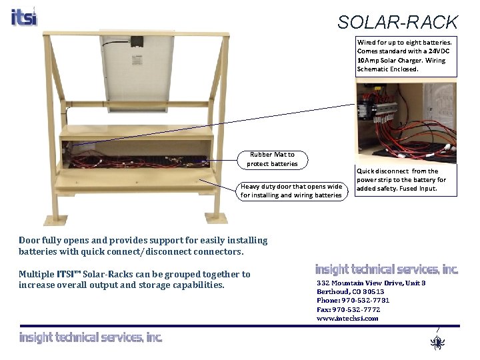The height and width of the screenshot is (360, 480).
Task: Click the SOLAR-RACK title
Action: (x=397, y=23)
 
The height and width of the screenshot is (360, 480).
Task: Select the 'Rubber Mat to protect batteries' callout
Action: (x=272, y=159)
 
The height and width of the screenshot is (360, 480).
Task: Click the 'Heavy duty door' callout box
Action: (x=291, y=191)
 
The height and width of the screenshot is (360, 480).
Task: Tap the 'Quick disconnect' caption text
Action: (x=401, y=180)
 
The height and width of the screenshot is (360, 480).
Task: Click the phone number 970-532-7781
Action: (x=353, y=301)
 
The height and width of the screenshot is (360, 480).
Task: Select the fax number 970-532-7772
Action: (x=349, y=309)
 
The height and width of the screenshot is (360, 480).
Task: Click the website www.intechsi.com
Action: (x=347, y=319)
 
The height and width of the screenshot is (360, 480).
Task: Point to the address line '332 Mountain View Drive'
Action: (x=371, y=283)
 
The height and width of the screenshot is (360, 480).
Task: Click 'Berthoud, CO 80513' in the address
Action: (x=350, y=292)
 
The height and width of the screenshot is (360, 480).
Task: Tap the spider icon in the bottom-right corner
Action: (x=437, y=343)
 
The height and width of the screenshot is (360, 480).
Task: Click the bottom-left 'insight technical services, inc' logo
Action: (x=91, y=338)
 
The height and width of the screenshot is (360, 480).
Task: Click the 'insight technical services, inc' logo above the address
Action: (x=387, y=270)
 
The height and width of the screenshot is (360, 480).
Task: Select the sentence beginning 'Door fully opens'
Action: (x=143, y=245)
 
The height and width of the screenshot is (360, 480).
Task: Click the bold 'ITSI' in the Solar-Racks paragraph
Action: (x=65, y=274)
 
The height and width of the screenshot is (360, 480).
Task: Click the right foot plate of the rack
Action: (x=217, y=218)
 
